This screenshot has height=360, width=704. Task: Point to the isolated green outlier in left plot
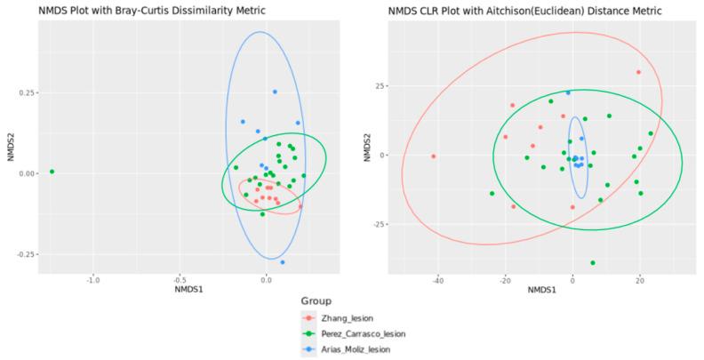coord(52,172)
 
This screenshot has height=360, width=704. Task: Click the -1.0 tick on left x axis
coord(93,280)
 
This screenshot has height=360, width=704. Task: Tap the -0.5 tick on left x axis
coord(180,280)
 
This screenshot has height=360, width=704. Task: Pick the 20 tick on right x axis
coord(639,280)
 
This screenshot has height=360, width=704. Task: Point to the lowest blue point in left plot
coord(283,262)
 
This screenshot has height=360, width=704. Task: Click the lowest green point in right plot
coord(592,263)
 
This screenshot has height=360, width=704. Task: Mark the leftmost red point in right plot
coord(434,156)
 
